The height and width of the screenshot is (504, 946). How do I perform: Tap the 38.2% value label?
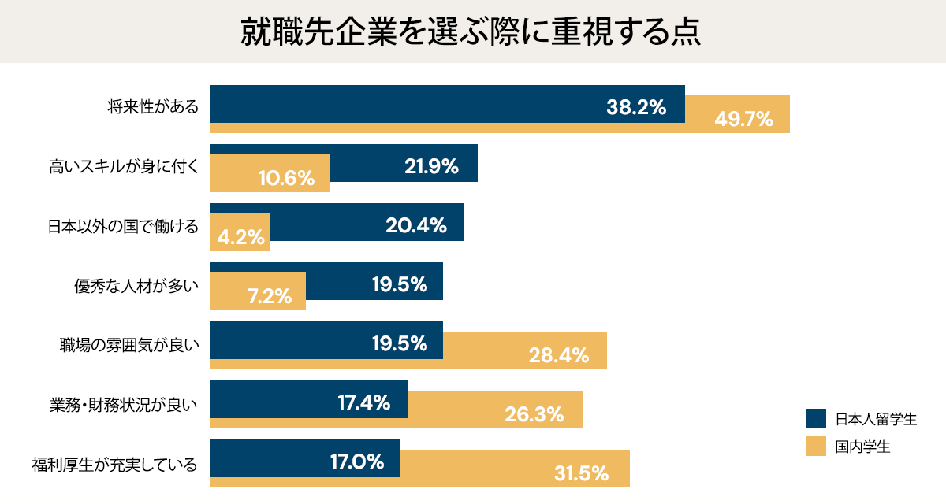636,108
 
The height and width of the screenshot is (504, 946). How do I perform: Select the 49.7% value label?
743,120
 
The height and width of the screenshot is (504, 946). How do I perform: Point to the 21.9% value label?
431,166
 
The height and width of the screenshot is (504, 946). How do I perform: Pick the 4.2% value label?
240,237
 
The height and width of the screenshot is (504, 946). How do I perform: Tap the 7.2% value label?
270,296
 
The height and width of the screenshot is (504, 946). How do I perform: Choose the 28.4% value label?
559,355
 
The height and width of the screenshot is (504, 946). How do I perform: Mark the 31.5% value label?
581,473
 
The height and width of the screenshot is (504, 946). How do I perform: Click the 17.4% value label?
364,402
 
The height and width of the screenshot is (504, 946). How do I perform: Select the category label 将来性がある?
154,108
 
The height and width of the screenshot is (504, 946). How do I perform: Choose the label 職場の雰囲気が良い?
129,344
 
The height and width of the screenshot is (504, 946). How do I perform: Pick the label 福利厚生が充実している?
114,462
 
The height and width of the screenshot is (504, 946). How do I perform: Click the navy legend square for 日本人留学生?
816,418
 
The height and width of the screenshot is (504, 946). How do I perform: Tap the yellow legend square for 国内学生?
816,447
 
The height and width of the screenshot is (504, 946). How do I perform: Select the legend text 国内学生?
863,447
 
